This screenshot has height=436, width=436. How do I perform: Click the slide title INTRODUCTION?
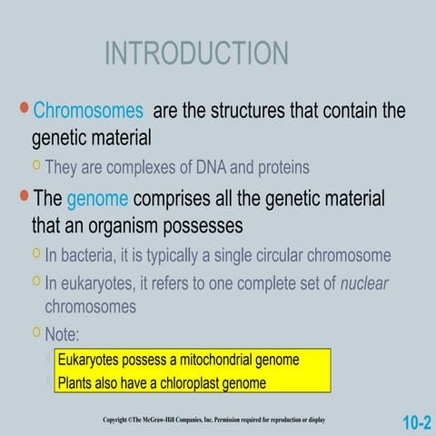(x=196, y=53)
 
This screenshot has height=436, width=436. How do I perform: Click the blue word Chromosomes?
(x=88, y=110)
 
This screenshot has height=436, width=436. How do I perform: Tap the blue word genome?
(x=97, y=200)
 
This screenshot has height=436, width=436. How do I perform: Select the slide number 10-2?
(x=417, y=422)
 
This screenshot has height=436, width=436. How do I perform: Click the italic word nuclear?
(x=364, y=283)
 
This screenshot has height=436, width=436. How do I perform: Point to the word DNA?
(x=211, y=167)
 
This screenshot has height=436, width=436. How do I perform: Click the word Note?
(x=62, y=334)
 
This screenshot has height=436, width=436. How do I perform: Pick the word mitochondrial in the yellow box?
(x=216, y=360)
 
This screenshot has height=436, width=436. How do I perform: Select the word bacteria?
(x=86, y=255)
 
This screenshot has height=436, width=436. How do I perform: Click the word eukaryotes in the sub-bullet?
(x=98, y=284)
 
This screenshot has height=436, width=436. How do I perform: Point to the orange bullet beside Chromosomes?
(x=25, y=108)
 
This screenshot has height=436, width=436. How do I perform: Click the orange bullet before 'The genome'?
(x=25, y=195)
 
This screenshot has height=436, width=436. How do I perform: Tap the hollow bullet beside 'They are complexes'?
(x=36, y=165)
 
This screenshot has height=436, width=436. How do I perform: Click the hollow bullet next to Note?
(x=36, y=332)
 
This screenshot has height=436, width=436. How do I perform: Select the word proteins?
(x=283, y=168)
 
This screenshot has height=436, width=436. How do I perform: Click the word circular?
(x=280, y=255)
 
